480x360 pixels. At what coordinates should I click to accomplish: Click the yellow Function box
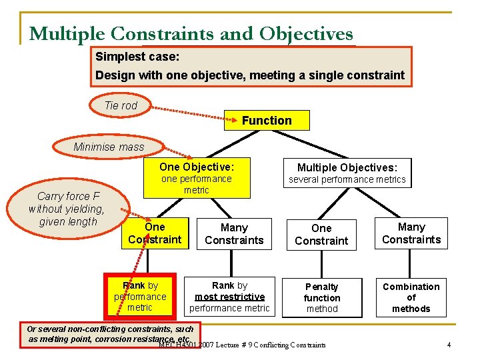coord(267,121)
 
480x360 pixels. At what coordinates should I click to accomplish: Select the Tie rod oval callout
coord(121,105)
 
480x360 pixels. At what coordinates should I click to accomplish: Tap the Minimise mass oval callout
coord(109,147)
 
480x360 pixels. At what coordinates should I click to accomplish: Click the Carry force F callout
coord(67,209)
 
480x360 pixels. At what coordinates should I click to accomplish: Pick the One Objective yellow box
coord(197,178)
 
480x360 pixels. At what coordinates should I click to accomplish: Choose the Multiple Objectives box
coord(347,173)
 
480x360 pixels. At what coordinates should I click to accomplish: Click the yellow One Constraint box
coord(155,233)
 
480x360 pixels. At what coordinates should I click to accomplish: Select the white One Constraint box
coord(321,234)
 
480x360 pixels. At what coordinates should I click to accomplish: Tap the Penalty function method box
coord(322,297)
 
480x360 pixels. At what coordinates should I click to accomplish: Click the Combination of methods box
coord(411,297)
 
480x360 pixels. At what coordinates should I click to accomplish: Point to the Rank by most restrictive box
coord(229,297)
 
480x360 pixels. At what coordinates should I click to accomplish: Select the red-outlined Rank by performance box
coord(140,297)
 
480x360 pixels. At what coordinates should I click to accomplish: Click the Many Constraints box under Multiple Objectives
coord(411,233)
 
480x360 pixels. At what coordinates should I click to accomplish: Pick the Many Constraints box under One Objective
coord(234,234)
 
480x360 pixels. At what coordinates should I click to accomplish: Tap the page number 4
coord(449,345)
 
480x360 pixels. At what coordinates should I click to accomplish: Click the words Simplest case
coord(137,57)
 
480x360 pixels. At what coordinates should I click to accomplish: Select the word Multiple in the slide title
coord(67,33)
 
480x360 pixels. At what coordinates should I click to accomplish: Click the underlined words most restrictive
coord(229,297)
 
